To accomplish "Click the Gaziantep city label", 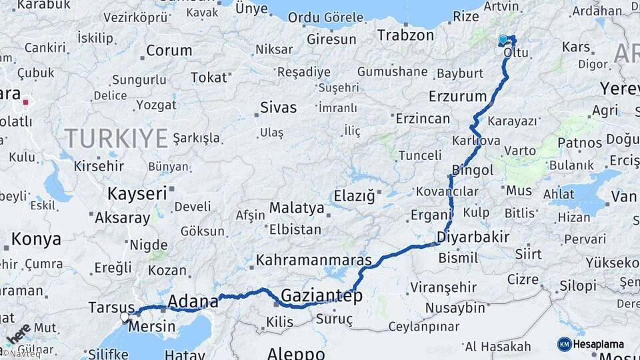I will pyautogui.click(x=321, y=295).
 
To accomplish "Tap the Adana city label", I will pyautogui.click(x=192, y=301).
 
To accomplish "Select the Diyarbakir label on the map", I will pyautogui.click(x=473, y=237).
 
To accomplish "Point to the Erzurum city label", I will pyautogui.click(x=457, y=96).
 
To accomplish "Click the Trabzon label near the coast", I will pyautogui.click(x=406, y=35).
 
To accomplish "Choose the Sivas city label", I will pyautogui.click(x=278, y=107).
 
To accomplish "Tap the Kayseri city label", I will pyautogui.click(x=137, y=194).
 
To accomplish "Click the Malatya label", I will pyautogui.click(x=297, y=208).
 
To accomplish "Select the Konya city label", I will pyautogui.click(x=36, y=239).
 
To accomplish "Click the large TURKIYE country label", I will pyautogui.click(x=116, y=139).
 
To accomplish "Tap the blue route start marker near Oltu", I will pyautogui.click(x=503, y=40).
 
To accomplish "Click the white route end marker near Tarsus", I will pyautogui.click(x=125, y=317).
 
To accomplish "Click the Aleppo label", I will pyautogui.click(x=296, y=353).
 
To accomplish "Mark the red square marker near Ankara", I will pyautogui.click(x=26, y=103).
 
